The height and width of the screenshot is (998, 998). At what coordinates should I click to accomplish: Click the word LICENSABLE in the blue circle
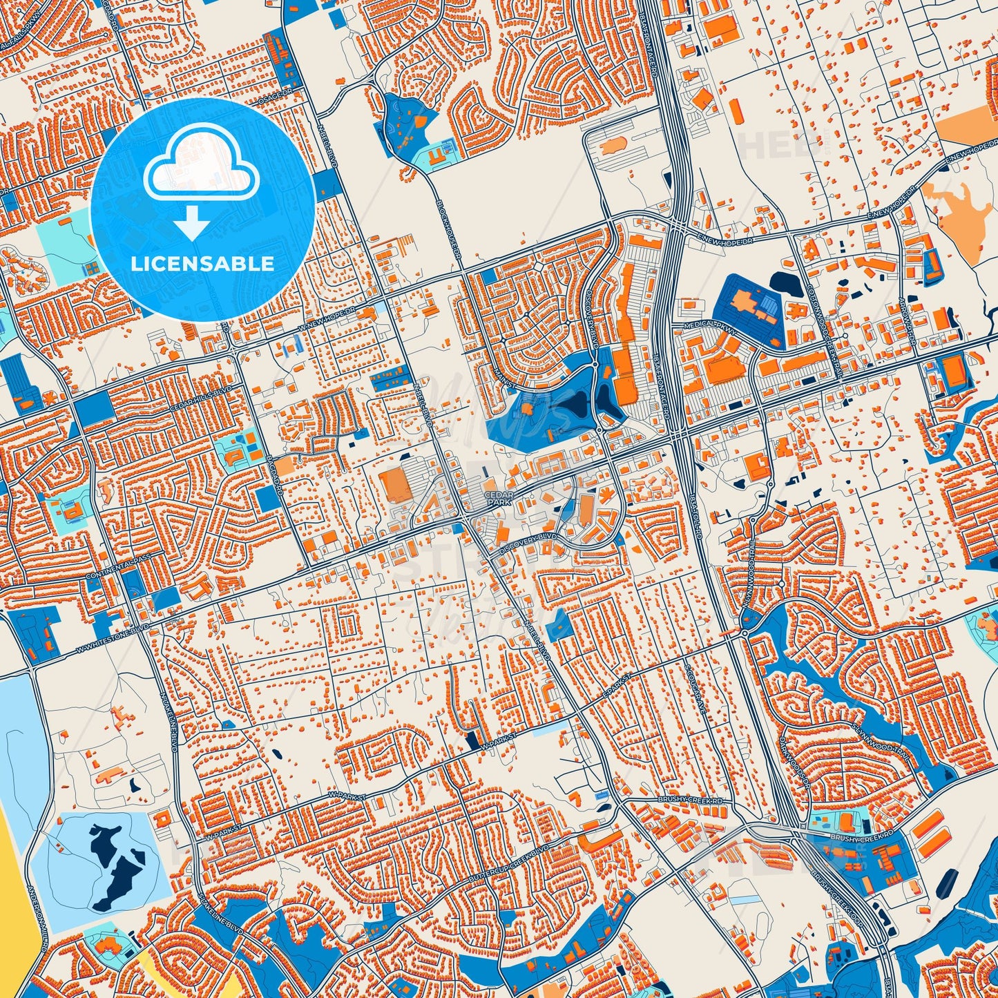pyautogui.click(x=203, y=263)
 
